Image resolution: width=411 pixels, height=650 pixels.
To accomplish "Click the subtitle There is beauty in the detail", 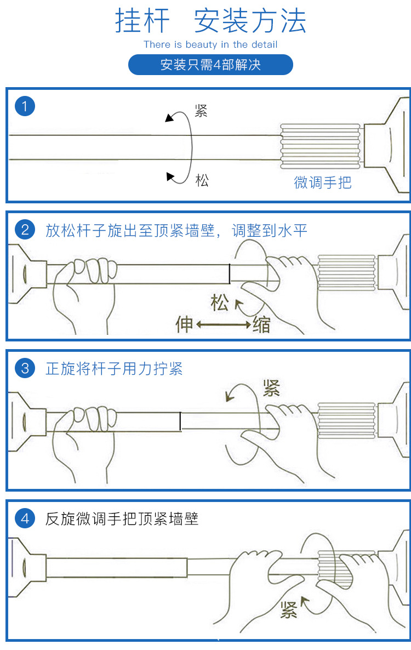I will click(210, 44).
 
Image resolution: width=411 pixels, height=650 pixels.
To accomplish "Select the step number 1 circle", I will click(25, 106).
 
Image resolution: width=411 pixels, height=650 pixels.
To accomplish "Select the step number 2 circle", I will click(25, 230).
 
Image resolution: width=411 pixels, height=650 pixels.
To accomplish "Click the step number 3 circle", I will click(25, 368).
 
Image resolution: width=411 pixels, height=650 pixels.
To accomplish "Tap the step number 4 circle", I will click(25, 518).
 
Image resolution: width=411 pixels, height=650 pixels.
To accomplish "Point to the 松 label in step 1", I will click(202, 180).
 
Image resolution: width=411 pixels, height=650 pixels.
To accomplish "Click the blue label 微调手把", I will click(322, 183).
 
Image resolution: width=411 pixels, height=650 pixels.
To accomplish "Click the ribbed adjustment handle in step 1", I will click(320, 145).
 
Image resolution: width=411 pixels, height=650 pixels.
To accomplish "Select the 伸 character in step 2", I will click(184, 324).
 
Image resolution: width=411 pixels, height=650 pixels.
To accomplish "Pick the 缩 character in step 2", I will click(261, 325).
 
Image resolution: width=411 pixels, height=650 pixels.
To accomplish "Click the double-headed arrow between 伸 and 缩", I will click(223, 325).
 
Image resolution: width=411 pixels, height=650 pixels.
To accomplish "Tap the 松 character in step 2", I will click(220, 303).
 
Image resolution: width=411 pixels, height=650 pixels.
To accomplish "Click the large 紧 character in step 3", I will click(271, 388).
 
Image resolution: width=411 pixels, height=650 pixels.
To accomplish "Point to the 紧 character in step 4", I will click(288, 609).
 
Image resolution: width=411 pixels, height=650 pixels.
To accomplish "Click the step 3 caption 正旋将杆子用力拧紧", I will click(114, 369).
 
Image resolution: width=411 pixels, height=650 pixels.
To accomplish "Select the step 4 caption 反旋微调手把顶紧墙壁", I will click(122, 518).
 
